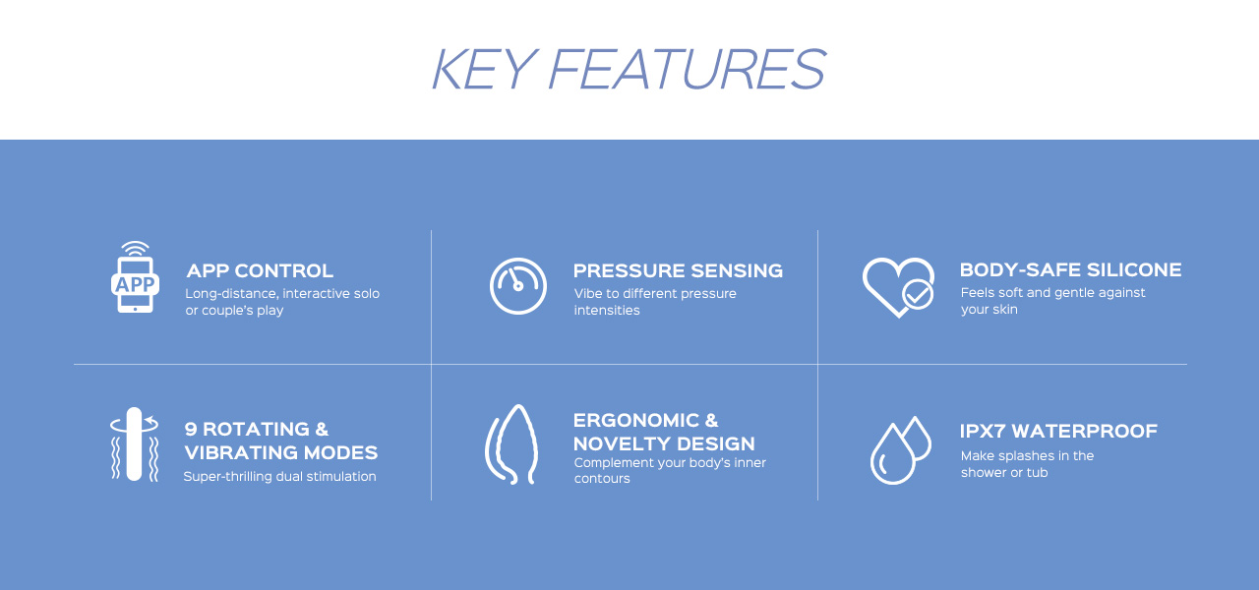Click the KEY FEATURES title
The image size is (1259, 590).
[629, 69]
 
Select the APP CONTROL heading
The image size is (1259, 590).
[260, 270]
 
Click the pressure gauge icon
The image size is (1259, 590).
[517, 286]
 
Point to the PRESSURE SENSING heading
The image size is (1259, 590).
[678, 270]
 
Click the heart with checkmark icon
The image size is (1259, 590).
[898, 287]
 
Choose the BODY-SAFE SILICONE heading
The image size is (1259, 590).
[1071, 269]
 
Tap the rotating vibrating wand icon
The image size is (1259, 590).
[134, 443]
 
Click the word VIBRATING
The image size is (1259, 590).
[241, 452]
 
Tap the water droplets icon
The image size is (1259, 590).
[900, 449]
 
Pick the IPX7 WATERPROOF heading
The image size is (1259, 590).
[1059, 431]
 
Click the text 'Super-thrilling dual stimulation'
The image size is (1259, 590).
[280, 477]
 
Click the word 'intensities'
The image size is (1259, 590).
[607, 310]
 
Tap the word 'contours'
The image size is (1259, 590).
[602, 479]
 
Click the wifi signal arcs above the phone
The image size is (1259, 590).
[135, 249]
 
